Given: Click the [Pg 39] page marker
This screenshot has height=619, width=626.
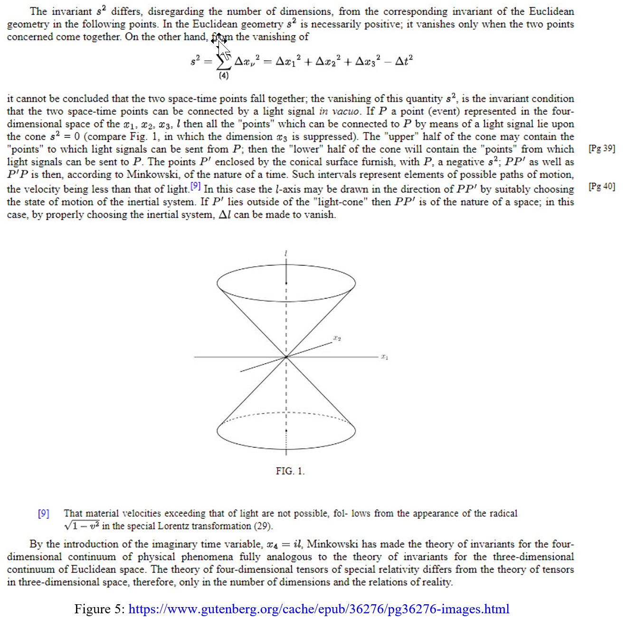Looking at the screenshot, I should click(x=602, y=148).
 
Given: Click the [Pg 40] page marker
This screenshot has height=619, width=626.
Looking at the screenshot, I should click(x=602, y=186).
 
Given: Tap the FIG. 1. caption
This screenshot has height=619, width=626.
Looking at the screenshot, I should click(x=290, y=471).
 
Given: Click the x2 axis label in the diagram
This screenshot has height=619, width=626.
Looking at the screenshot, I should click(x=337, y=339).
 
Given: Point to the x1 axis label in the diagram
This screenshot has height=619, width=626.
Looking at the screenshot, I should click(x=384, y=357).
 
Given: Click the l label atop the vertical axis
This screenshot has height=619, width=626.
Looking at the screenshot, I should click(x=286, y=254).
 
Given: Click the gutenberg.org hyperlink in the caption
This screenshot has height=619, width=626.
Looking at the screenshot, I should click(x=319, y=609).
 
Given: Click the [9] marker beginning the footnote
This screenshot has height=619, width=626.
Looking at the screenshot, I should click(x=44, y=513).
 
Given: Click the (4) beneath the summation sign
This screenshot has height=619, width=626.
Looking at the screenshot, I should click(x=223, y=75).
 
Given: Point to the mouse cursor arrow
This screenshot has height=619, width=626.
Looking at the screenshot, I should click(x=221, y=47).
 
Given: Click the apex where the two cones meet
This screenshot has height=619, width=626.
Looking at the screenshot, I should click(x=286, y=357).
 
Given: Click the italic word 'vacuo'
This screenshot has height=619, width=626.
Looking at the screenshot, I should click(x=345, y=111).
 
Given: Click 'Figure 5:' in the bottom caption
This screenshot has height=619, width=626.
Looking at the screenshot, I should click(x=100, y=609).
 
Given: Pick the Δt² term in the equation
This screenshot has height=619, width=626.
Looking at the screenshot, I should click(x=404, y=61).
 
